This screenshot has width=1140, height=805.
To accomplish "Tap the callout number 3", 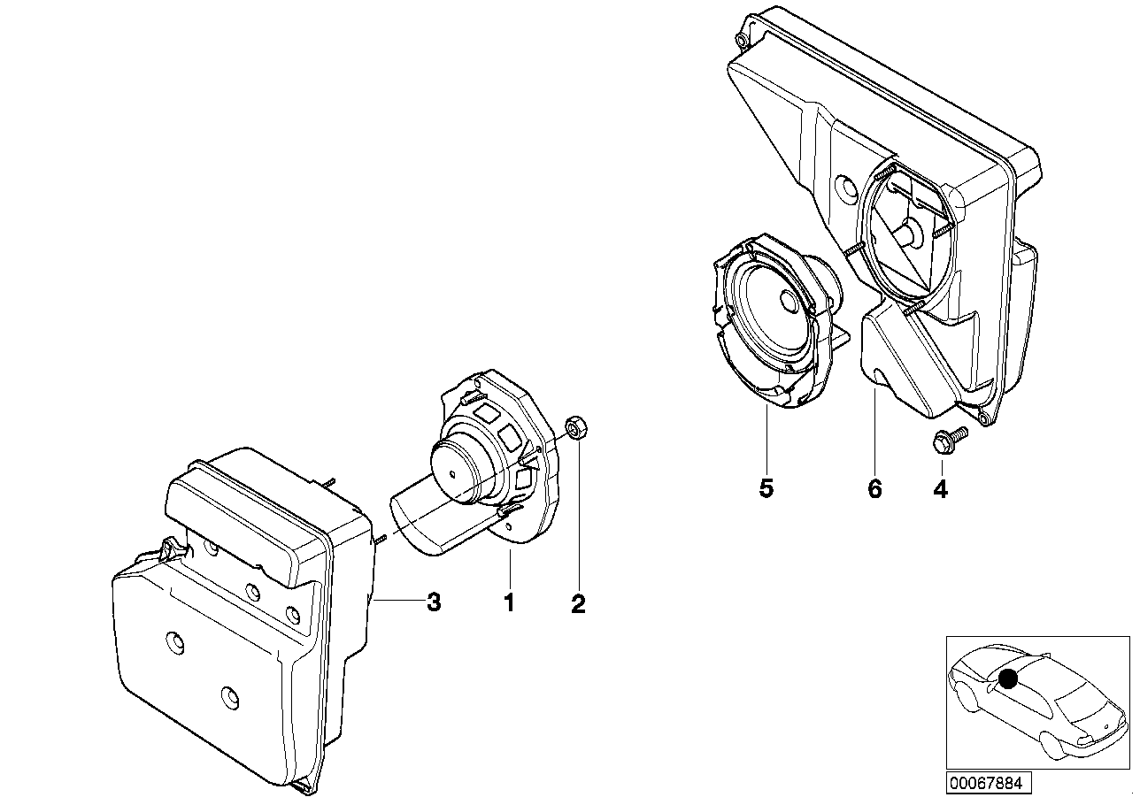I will pyautogui.click(x=433, y=602).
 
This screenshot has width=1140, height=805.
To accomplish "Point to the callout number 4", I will pyautogui.click(x=940, y=488).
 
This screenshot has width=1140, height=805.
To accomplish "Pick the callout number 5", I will pyautogui.click(x=766, y=488).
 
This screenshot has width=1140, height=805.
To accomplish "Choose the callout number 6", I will pyautogui.click(x=874, y=488).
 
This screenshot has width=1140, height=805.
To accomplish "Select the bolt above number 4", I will pyautogui.click(x=945, y=440).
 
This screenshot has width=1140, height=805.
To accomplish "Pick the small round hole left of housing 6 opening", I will pyautogui.click(x=843, y=188).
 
